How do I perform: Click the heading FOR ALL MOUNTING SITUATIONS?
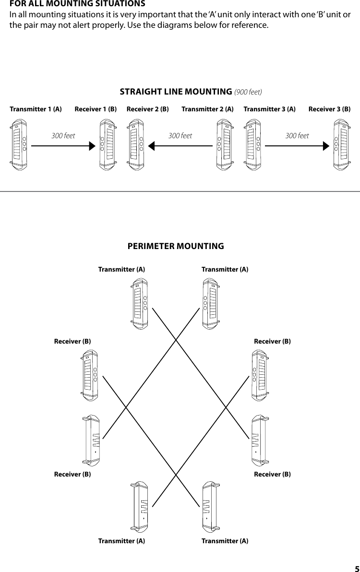[78, 4]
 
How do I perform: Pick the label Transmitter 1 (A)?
[36, 109]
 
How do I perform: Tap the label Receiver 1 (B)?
[96, 109]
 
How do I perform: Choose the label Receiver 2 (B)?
[147, 109]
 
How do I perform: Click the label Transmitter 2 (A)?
[207, 109]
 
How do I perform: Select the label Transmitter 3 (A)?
[269, 109]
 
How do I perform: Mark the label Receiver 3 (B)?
[329, 109]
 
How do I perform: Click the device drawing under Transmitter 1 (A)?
[19, 144]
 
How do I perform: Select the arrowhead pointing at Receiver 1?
[92, 146]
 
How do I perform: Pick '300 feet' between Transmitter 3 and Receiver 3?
[297, 136]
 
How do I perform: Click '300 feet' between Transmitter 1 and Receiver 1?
[63, 136]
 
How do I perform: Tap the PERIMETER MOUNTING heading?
[176, 246]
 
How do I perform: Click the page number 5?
[356, 568]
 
